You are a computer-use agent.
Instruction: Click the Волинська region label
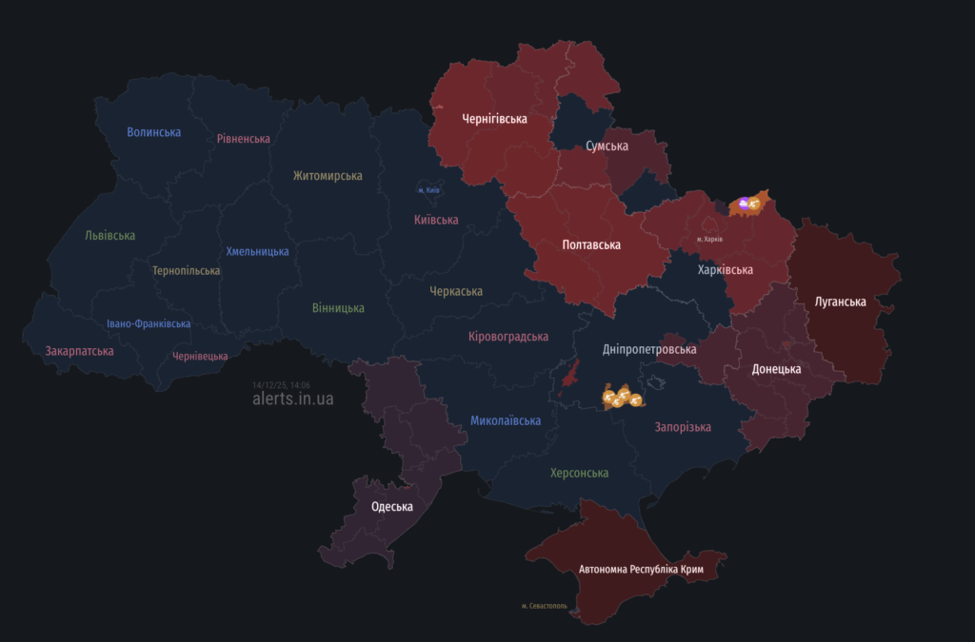(153, 132)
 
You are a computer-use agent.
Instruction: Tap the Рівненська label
(243, 139)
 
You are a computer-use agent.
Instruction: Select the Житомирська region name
(328, 176)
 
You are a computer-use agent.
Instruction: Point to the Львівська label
(109, 236)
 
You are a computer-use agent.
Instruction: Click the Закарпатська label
(79, 351)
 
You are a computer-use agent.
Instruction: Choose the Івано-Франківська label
(149, 323)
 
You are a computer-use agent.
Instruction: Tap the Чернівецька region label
(200, 357)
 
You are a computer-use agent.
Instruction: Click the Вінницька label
(338, 308)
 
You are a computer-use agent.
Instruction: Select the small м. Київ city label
(428, 190)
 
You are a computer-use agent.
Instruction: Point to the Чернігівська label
(494, 120)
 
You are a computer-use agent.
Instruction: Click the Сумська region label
(607, 146)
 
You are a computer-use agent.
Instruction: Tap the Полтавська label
(591, 245)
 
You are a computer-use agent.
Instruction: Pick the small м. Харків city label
(709, 239)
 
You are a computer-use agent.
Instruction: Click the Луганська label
(841, 302)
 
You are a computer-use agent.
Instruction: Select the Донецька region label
(776, 369)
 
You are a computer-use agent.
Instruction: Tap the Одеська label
(391, 507)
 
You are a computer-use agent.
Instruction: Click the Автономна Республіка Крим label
(641, 569)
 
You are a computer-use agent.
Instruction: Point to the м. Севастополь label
(545, 606)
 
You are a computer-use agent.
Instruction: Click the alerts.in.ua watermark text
(293, 399)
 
